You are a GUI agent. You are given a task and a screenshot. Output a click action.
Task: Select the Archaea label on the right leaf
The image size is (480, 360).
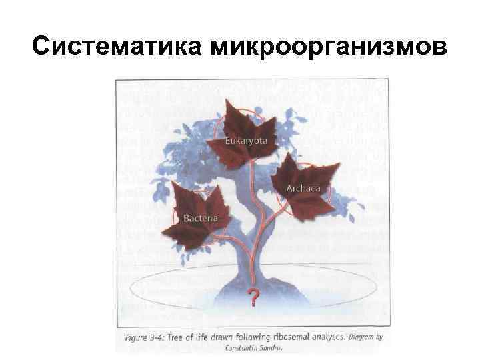click(x=303, y=188)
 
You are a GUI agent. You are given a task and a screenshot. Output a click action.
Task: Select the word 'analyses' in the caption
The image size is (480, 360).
click(x=327, y=338)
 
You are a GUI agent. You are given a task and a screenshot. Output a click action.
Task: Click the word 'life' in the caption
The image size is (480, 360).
click(x=217, y=338)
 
